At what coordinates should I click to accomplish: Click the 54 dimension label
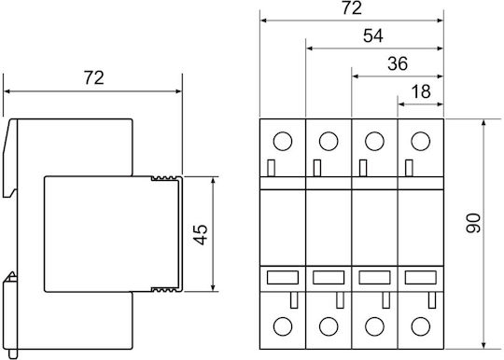372,35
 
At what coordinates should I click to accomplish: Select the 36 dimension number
398,63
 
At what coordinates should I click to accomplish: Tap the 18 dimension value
421,91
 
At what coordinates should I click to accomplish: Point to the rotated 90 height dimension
473,223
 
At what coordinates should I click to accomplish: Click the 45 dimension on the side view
201,235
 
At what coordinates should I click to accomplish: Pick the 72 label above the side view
94,77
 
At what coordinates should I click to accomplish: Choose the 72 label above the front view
352,8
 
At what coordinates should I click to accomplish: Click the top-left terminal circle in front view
283,141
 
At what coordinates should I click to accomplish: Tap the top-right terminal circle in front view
420,141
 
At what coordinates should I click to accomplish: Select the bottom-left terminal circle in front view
283,326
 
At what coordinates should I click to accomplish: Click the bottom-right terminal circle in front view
420,326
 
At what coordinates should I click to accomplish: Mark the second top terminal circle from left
329,141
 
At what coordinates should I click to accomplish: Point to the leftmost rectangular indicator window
283,278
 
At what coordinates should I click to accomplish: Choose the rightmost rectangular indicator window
420,278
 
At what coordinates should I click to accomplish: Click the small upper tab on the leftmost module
271,168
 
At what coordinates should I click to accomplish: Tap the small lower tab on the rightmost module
432,300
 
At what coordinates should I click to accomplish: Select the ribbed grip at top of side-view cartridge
164,178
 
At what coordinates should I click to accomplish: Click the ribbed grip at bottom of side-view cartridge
164,290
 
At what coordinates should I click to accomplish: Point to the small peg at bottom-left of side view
13,353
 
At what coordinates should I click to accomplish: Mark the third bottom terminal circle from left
374,326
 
